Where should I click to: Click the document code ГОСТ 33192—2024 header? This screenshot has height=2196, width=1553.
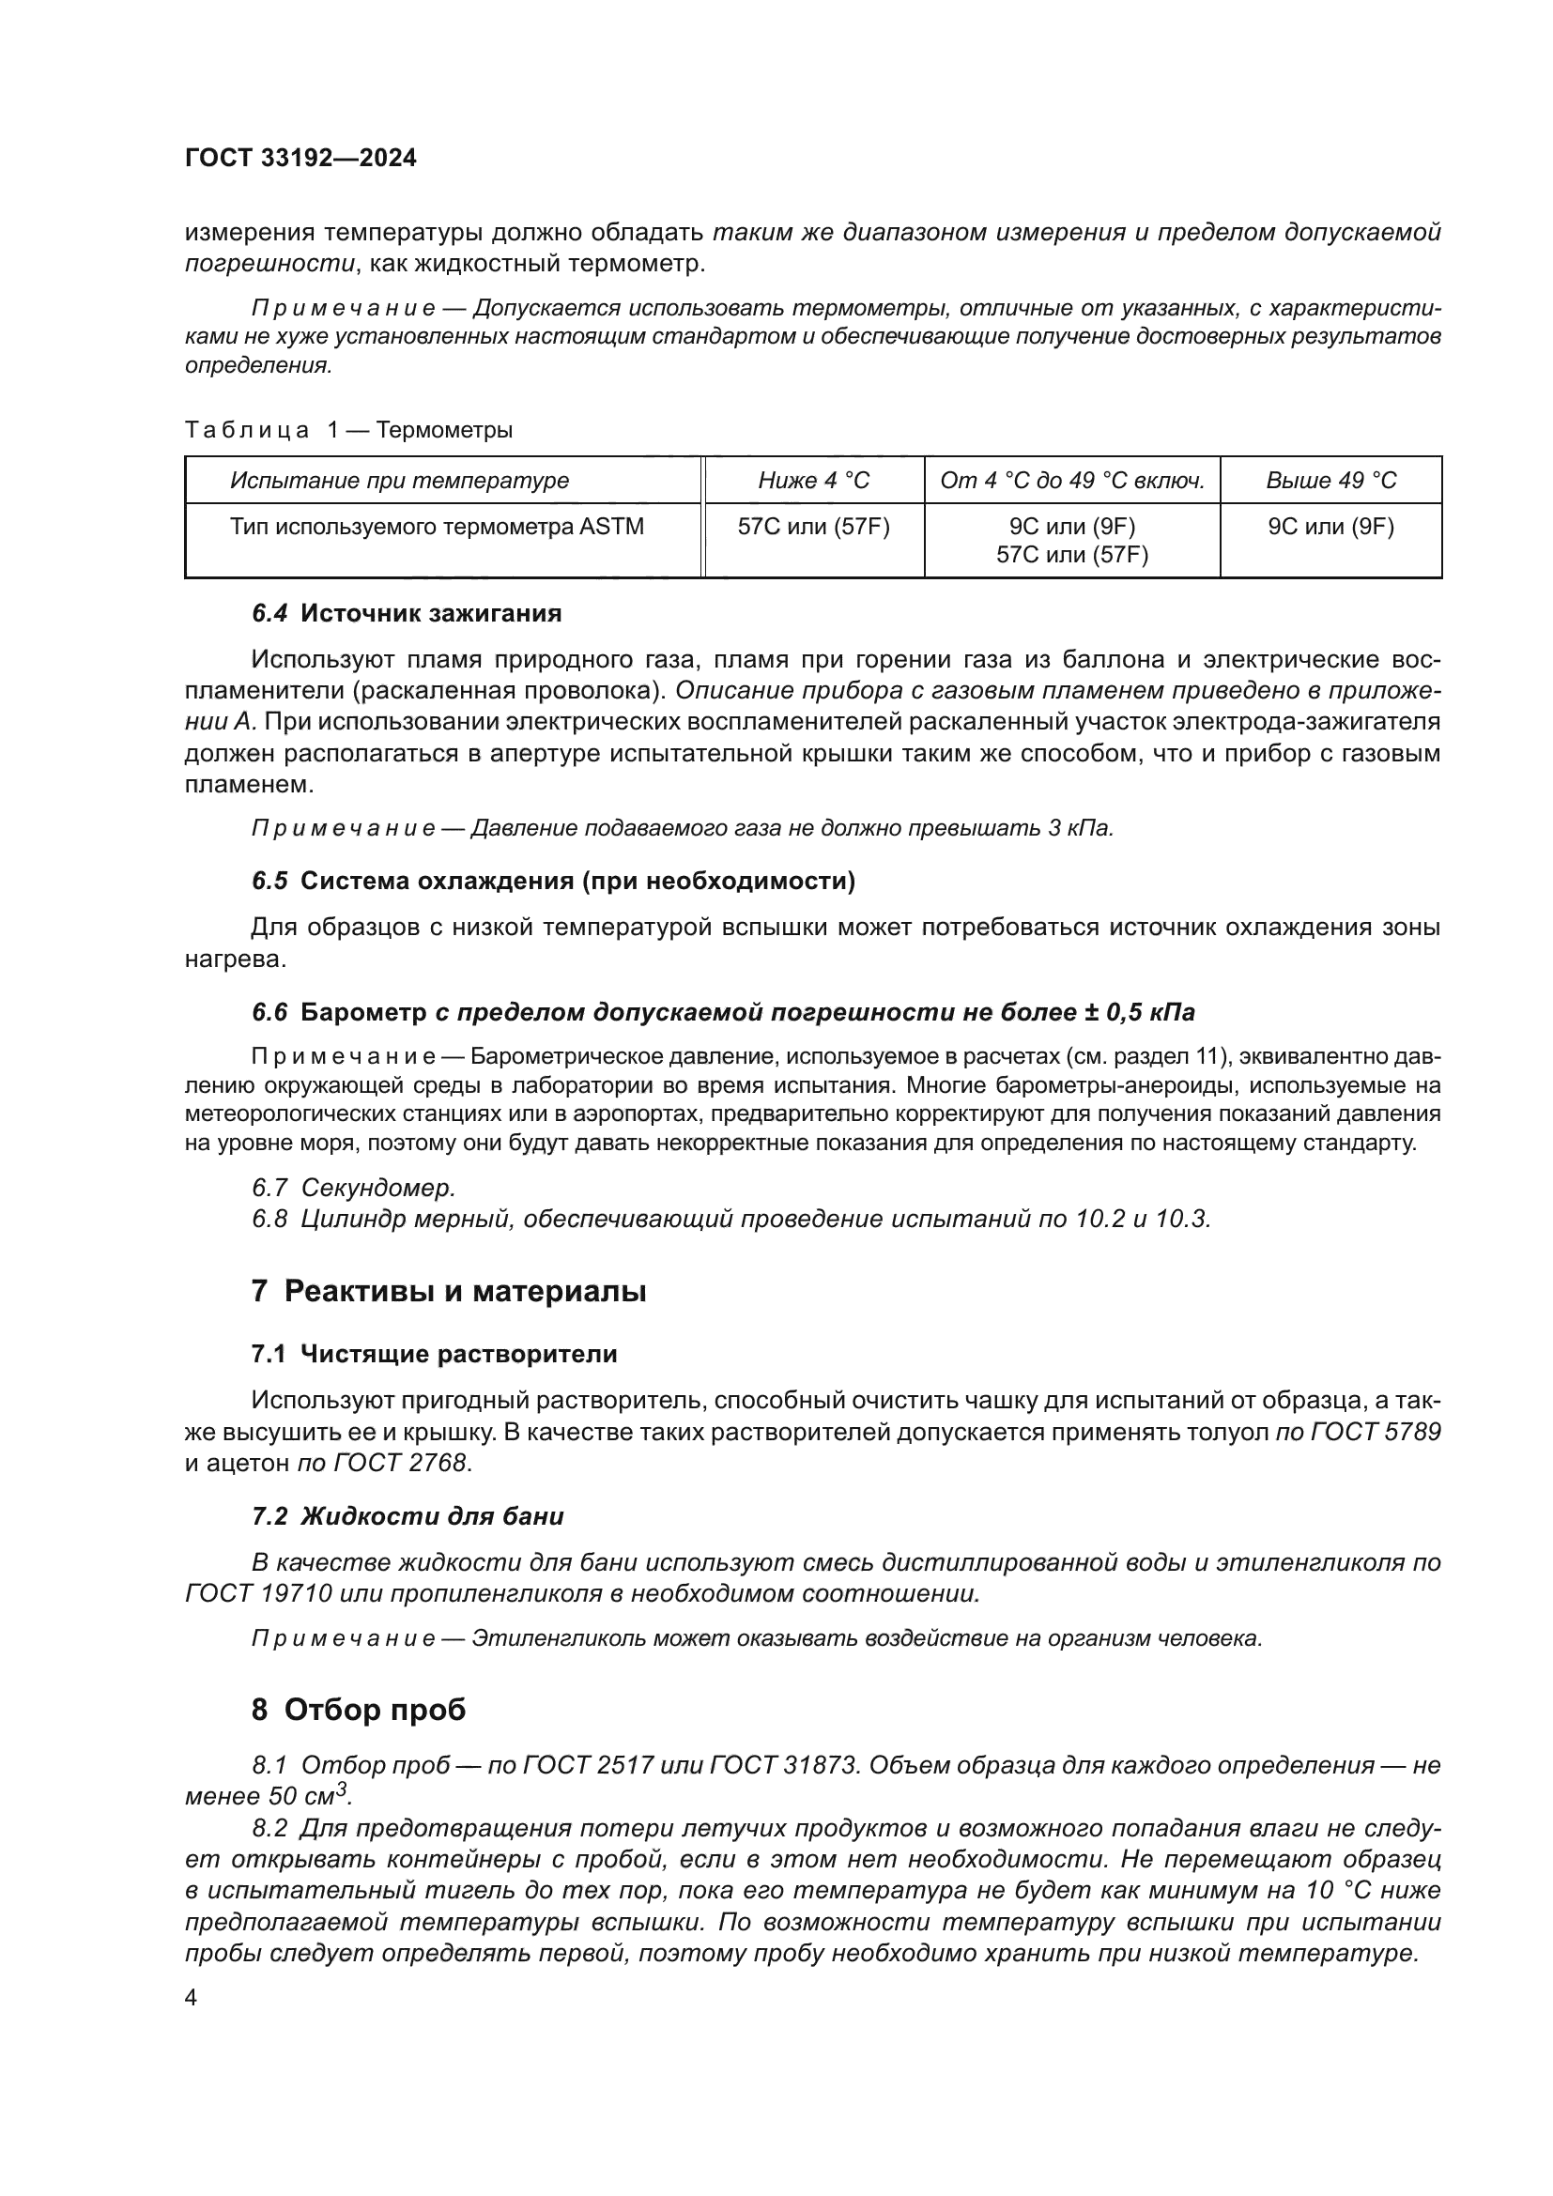(x=300, y=158)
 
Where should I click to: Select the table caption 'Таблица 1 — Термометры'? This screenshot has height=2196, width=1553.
(x=348, y=429)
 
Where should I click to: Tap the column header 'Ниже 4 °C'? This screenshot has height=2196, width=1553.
(x=813, y=480)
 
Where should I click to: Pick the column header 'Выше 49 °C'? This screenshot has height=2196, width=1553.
(x=1330, y=480)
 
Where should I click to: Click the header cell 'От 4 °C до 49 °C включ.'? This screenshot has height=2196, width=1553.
(x=1071, y=480)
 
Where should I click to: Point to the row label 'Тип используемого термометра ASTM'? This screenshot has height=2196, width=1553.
(x=437, y=526)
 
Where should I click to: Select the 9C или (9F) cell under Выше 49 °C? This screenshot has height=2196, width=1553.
(x=1330, y=526)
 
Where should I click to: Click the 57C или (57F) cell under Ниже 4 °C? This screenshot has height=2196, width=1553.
(x=813, y=526)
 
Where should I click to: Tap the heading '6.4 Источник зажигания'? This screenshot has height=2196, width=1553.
(x=407, y=613)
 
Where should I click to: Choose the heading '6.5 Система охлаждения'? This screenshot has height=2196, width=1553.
(x=553, y=881)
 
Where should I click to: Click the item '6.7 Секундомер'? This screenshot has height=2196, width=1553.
(x=354, y=1188)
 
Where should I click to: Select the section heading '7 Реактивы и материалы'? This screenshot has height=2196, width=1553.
(x=449, y=1291)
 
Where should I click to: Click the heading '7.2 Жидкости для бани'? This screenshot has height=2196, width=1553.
(x=407, y=1516)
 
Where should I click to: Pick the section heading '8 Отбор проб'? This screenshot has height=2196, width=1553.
(x=359, y=1709)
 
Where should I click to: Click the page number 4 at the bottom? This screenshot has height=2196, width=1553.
(x=191, y=1998)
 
